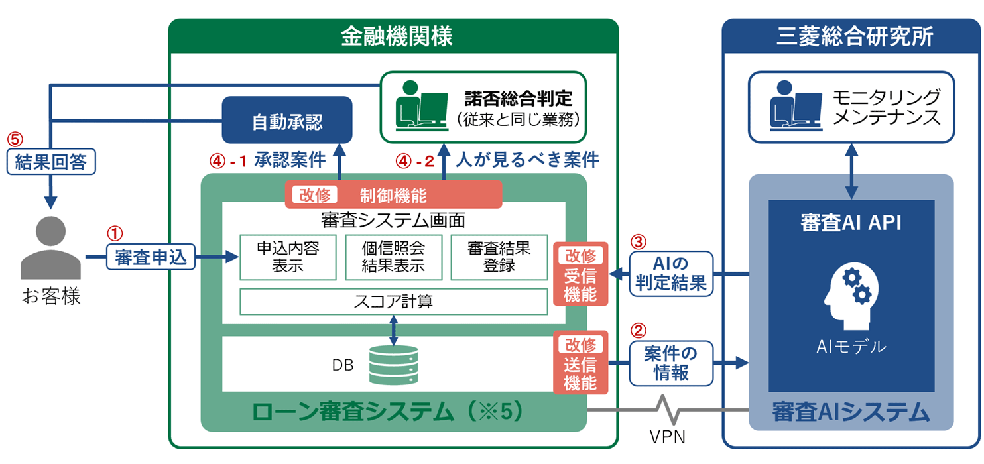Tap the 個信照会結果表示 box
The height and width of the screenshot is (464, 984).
[x=393, y=257]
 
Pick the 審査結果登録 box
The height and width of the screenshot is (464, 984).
[x=499, y=257]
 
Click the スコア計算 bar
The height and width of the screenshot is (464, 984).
[x=393, y=302]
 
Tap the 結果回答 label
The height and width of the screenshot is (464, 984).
[x=51, y=162]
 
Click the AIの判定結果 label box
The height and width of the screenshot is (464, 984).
[x=671, y=274]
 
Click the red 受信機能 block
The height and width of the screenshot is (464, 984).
[x=580, y=274]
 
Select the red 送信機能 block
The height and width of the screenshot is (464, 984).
[x=580, y=363]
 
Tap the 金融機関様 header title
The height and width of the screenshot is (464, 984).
[x=396, y=36]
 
